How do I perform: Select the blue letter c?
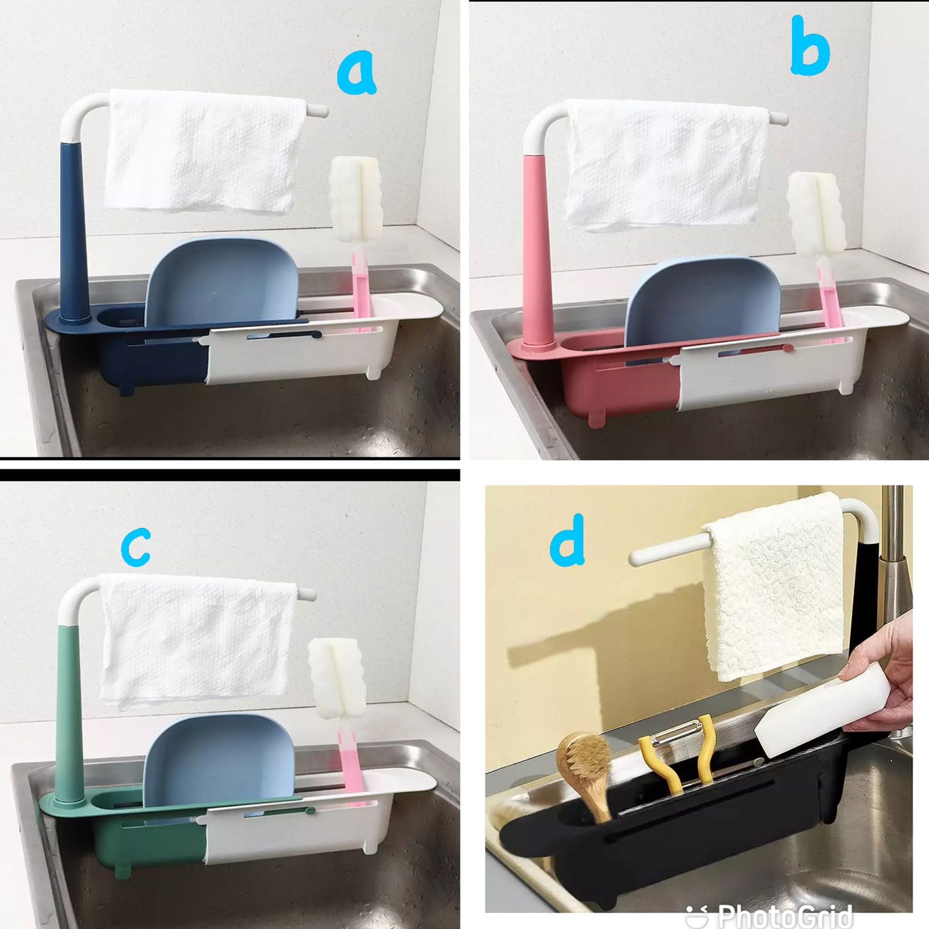136,546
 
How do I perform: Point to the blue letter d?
568,539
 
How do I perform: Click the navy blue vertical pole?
74,231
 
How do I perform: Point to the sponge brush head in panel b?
816,214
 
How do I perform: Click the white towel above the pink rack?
666,165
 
